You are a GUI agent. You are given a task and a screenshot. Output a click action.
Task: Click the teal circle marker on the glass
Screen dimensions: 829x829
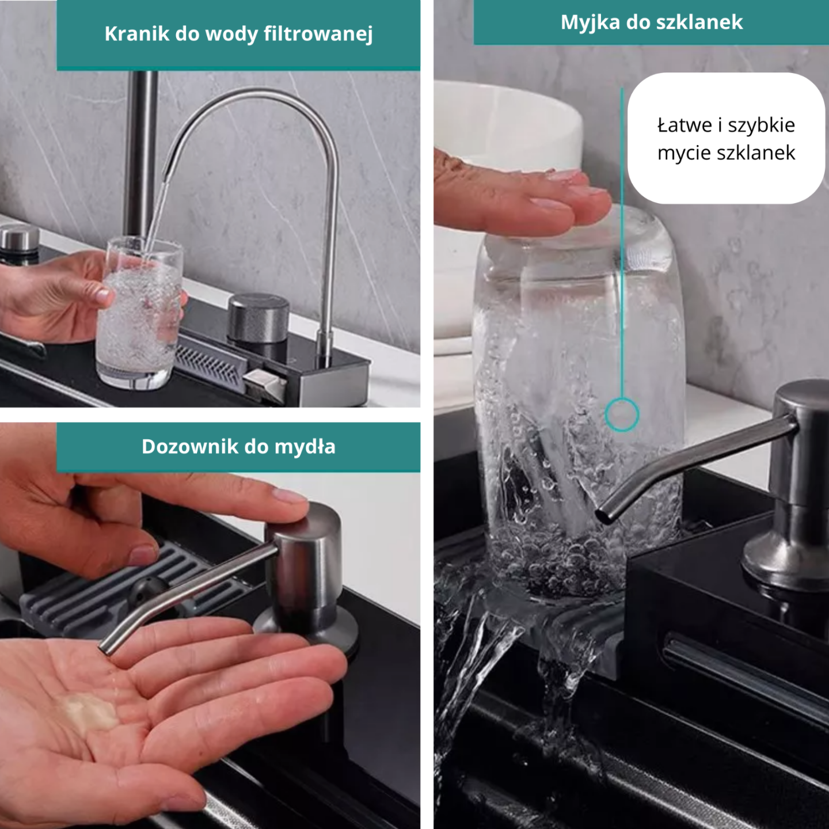[x=622, y=414]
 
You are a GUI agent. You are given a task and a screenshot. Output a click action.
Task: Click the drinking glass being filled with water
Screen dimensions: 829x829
[x=138, y=314]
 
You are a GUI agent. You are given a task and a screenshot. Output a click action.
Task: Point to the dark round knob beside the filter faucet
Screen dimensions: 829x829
[x=258, y=318]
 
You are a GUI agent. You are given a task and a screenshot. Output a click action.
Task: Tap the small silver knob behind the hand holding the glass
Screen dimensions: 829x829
[x=20, y=239]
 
